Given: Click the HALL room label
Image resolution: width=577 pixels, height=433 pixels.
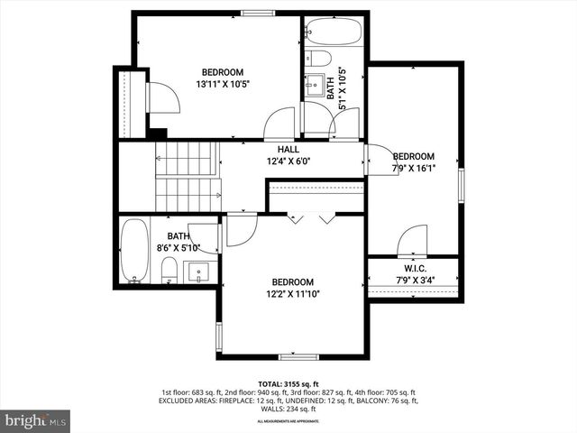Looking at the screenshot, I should (288, 149).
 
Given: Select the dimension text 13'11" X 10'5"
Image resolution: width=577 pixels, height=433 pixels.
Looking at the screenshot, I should (222, 84).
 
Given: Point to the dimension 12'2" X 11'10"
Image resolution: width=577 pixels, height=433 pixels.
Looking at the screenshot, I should (293, 293).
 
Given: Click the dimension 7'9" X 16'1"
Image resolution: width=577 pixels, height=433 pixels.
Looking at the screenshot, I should (414, 168).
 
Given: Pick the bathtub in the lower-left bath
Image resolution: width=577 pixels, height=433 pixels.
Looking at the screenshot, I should (134, 251).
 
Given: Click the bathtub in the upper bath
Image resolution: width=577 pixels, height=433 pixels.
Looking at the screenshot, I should (334, 32).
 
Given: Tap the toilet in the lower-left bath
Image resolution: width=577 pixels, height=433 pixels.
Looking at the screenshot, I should (169, 268).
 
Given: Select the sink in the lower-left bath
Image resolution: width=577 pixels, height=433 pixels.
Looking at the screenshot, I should (198, 271).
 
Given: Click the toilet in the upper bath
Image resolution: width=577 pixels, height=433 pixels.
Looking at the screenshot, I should (318, 59).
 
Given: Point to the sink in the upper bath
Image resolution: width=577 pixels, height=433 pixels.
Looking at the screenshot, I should (316, 86).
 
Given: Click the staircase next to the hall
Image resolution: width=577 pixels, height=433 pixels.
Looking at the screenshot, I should (188, 176).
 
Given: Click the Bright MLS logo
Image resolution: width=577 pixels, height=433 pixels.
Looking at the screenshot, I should (36, 420).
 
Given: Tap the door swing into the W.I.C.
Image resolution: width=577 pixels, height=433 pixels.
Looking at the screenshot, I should (412, 242).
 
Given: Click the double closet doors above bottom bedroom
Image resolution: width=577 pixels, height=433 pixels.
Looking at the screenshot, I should (311, 218).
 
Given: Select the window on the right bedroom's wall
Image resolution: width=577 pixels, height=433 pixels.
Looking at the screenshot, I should (461, 184).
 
